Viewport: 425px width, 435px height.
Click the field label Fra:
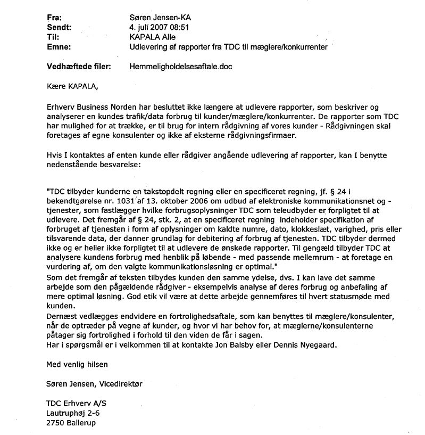click(53, 17)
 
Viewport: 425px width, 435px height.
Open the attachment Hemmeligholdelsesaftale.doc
click(181, 67)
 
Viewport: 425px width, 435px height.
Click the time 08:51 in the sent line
click(177, 27)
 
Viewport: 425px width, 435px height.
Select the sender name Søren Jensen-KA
click(160, 17)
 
